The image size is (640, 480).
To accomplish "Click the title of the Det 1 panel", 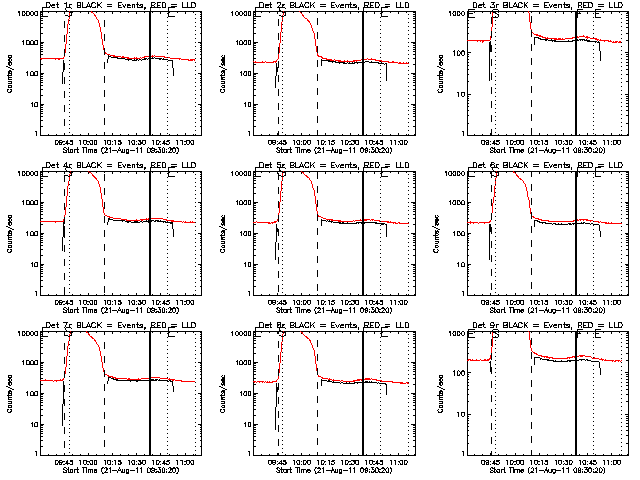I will pos(119,7).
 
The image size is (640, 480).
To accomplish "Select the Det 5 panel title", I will pos(333,166).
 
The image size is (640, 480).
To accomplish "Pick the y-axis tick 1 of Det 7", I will pos(35,453).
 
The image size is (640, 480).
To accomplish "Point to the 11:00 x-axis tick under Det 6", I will pos(612,301).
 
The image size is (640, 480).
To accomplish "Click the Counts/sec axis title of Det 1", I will pos(9,73).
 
